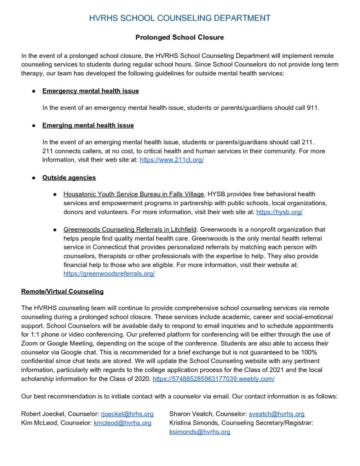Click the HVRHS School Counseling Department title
coord(180,18)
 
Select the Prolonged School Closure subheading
coord(180,37)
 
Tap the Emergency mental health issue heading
coord(91,91)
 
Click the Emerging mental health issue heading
coord(88,125)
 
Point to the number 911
coord(314,108)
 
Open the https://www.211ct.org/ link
coord(171,160)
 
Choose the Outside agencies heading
coord(69,177)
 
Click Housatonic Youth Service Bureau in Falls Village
coord(134,194)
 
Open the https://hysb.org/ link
coord(279,212)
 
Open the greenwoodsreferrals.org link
coord(109,274)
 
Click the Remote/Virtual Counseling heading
coord(62,291)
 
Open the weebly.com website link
coord(213,379)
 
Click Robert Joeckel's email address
coord(127,414)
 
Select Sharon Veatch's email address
coord(276,414)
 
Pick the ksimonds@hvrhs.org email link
coord(200,432)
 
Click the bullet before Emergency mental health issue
coord(34,91)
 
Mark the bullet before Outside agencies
coord(34,178)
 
